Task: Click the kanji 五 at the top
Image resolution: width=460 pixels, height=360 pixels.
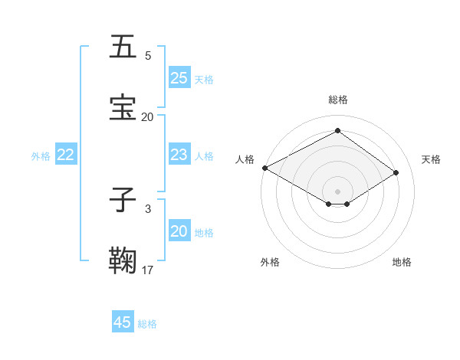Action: pyautogui.click(x=123, y=47)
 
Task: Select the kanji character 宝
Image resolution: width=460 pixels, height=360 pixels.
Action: pyautogui.click(x=123, y=107)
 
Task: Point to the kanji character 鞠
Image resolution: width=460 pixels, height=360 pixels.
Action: pyautogui.click(x=123, y=260)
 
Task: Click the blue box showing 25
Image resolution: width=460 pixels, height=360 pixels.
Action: pyautogui.click(x=179, y=78)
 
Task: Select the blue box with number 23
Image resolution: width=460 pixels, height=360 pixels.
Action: pyautogui.click(x=179, y=155)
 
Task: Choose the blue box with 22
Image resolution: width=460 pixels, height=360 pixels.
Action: pyautogui.click(x=66, y=155)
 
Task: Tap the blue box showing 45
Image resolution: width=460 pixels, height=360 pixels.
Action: pyautogui.click(x=123, y=322)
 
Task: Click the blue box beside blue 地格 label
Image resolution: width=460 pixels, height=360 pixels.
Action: pyautogui.click(x=179, y=231)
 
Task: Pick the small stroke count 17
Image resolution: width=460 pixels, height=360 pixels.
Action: pyautogui.click(x=148, y=270)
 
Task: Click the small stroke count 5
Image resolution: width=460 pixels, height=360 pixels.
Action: pyautogui.click(x=148, y=56)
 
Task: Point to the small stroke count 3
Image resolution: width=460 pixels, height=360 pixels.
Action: pyautogui.click(x=148, y=208)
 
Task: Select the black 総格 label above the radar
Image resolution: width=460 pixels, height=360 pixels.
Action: pyautogui.click(x=338, y=100)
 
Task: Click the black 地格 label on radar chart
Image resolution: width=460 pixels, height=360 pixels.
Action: pyautogui.click(x=402, y=262)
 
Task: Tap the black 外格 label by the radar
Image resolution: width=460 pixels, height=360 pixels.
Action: pyautogui.click(x=270, y=262)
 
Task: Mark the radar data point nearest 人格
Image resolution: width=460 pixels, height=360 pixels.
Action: pyautogui.click(x=264, y=168)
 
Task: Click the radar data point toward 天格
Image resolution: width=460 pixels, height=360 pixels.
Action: pyautogui.click(x=396, y=173)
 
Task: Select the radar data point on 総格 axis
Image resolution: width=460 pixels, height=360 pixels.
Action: pyautogui.click(x=337, y=132)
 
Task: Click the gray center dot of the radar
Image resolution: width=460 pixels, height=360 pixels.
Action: pyautogui.click(x=337, y=190)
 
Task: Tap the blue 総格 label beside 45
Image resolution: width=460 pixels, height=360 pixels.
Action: pyautogui.click(x=147, y=324)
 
